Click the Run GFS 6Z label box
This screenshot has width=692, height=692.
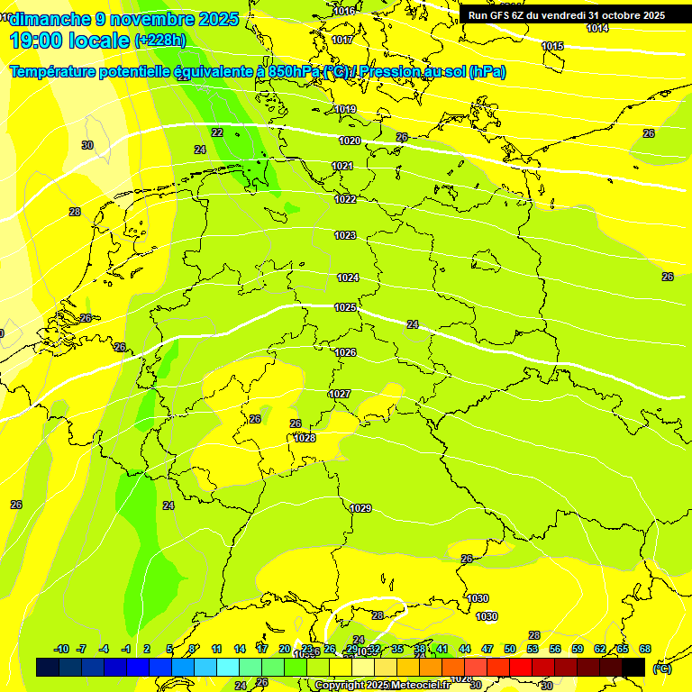(567, 15)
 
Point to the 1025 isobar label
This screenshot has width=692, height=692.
(345, 307)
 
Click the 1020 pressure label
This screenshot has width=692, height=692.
(350, 141)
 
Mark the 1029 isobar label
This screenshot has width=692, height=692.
(360, 508)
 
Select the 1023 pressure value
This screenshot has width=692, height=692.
(345, 235)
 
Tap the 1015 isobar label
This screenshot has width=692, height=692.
(552, 46)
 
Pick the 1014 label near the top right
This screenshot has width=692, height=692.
(597, 28)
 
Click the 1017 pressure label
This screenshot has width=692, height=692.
(342, 40)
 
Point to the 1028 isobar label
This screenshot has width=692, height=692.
(305, 438)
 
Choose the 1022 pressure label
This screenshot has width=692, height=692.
(345, 199)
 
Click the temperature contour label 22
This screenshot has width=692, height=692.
(217, 132)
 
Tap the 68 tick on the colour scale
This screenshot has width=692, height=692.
(645, 649)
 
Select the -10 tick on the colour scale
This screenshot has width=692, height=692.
(61, 649)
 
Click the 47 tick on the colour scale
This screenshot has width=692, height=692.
(487, 649)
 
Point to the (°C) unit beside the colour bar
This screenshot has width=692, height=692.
(661, 669)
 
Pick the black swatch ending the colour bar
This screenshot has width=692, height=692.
(633, 667)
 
